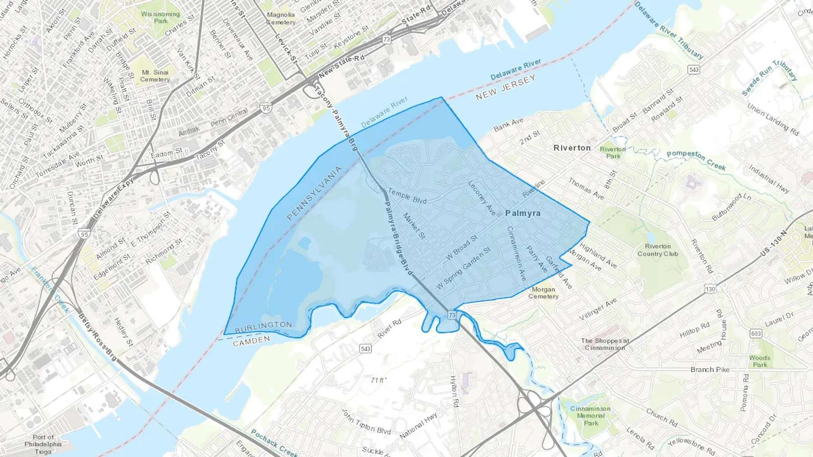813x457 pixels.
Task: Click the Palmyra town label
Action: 523,213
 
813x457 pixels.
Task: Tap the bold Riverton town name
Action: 572,148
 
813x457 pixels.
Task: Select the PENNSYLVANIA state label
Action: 314,194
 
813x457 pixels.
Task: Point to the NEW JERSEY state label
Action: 505,87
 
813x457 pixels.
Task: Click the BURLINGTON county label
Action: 263,326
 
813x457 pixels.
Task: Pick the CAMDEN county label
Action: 252,341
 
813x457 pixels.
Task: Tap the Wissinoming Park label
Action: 160,17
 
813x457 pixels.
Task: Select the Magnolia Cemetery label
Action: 280,18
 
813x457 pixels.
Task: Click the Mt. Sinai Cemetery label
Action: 155,76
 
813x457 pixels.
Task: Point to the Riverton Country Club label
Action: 658,250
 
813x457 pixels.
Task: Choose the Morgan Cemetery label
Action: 543,293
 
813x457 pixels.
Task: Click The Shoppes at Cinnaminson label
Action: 605,344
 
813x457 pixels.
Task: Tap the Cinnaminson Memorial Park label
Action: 590,415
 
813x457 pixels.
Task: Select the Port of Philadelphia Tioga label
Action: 43,444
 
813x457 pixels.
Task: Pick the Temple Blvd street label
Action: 407,196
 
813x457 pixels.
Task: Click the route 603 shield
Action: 756,333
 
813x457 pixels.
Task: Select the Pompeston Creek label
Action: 696,160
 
